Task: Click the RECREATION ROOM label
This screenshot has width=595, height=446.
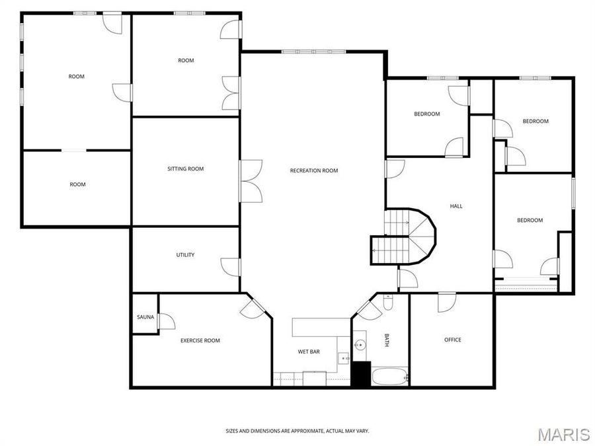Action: tap(314, 170)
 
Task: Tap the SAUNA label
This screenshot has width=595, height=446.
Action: tap(145, 317)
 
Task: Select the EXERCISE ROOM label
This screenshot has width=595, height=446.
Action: tap(200, 340)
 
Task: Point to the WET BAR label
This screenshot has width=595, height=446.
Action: tap(309, 352)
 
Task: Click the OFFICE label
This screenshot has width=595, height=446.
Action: tap(453, 340)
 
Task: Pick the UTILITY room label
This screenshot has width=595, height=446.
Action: tap(185, 255)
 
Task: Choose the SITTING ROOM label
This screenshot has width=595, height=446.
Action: tap(185, 168)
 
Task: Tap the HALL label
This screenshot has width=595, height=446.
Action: tap(456, 206)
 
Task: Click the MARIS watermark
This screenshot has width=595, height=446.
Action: tap(563, 434)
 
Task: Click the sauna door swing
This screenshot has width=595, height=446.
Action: tap(165, 321)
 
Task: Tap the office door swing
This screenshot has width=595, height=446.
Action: tap(447, 303)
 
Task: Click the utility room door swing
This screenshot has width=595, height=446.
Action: tap(231, 266)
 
